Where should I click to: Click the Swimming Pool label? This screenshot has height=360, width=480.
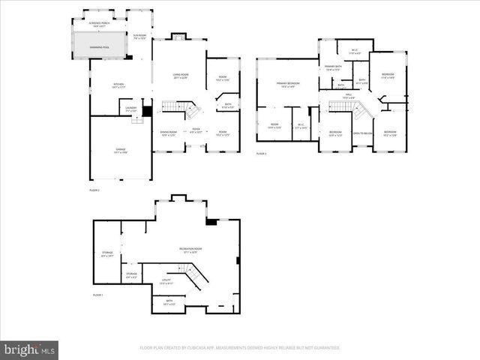(x=100, y=46)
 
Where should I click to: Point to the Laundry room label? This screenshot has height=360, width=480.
(x=130, y=109)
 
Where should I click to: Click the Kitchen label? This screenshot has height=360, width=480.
(x=118, y=85)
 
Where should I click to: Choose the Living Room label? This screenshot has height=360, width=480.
(x=181, y=76)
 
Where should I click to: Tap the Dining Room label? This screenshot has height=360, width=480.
(x=168, y=133)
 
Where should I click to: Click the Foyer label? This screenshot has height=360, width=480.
(x=196, y=130)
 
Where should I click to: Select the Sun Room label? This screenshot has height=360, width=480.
(x=139, y=36)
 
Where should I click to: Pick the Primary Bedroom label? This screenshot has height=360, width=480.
(x=287, y=85)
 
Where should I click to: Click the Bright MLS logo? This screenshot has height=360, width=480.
(x=29, y=349)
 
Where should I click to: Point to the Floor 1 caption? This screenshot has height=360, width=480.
(x=97, y=295)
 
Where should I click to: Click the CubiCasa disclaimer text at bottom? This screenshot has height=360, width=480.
(x=239, y=348)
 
